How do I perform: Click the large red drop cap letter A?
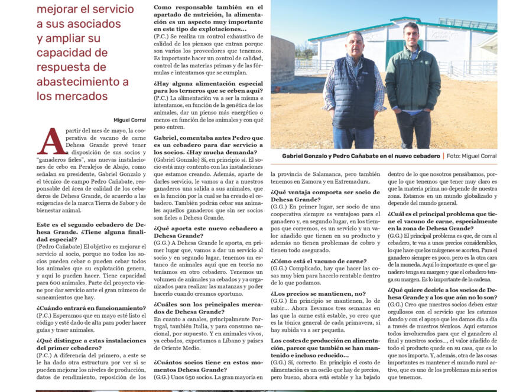pyautogui.click(x=51, y=142)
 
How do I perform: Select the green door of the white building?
pyautogui.click(x=395, y=54)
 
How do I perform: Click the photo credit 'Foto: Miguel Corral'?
pyautogui.click(x=472, y=156)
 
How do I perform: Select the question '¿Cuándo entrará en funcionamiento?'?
pyautogui.click(x=91, y=308)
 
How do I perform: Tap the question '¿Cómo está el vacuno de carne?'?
pyautogui.click(x=319, y=261)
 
